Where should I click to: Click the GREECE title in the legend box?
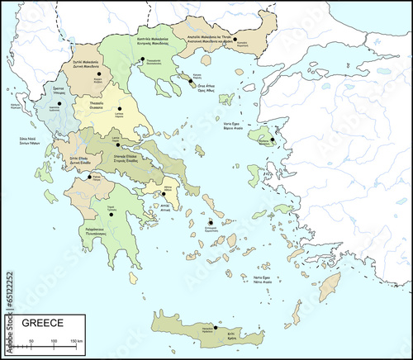point(41,323)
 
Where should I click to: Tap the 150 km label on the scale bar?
point(74,340)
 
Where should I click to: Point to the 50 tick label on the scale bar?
point(31,340)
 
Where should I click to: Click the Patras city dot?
point(89,176)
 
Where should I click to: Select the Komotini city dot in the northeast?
point(235,39)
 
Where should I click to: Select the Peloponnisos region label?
point(97,232)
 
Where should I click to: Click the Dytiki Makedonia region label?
point(84,64)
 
